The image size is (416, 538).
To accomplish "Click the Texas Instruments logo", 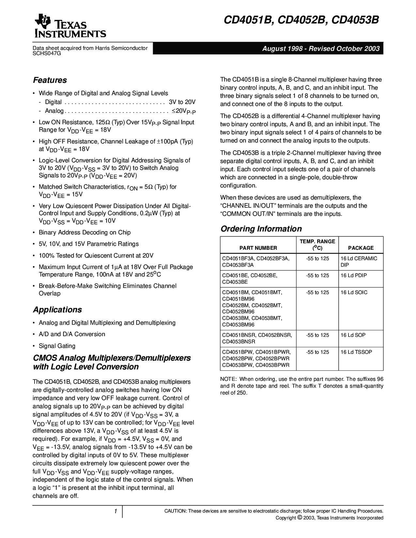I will (70, 26).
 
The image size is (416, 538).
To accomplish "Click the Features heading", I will (50, 80).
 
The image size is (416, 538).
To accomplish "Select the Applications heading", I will (57, 310).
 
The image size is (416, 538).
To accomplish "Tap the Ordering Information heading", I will (261, 229).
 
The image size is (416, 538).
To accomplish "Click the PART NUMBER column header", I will (258, 248).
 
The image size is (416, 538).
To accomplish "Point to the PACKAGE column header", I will (361, 248).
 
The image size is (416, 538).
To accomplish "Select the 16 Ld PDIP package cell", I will (354, 276).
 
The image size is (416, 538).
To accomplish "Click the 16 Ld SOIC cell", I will (354, 292).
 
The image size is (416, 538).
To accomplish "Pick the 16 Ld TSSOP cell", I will (356, 352).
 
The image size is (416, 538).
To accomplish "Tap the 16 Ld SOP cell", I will (353, 335).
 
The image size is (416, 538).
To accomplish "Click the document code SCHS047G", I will (47, 53).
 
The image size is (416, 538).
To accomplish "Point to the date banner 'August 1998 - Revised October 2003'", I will (321, 49).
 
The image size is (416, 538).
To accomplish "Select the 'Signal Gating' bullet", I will (57, 346).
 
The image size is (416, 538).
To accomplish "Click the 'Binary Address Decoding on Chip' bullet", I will (85, 232).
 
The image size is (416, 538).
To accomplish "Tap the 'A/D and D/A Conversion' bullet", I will (72, 334).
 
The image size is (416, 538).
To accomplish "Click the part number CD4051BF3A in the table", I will (238, 259).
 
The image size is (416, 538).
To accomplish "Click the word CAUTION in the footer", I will (175, 511).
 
